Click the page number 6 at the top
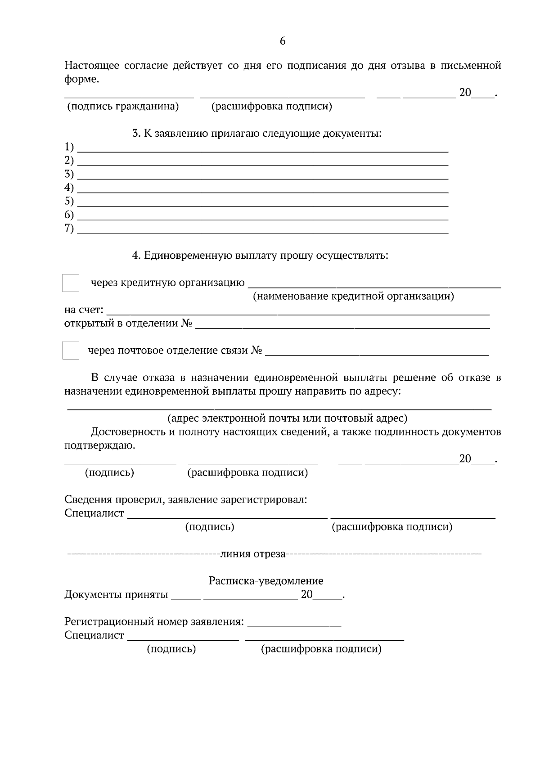(282, 41)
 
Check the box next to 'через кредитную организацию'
(71, 283)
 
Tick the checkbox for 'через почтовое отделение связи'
(71, 351)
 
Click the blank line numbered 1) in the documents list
(263, 148)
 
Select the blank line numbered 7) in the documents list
(263, 230)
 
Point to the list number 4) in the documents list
(69, 187)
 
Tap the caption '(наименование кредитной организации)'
(353, 297)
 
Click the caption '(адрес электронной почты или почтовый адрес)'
(287, 418)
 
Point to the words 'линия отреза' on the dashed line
(253, 554)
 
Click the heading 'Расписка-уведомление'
(266, 581)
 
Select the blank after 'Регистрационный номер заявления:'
(294, 623)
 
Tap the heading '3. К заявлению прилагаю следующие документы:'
(256, 134)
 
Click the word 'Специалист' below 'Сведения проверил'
(94, 513)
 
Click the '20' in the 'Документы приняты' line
(306, 595)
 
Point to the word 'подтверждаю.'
(99, 446)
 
